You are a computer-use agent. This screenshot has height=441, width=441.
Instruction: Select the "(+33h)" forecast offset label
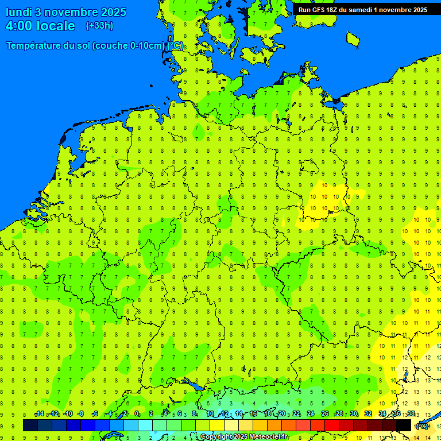point(99,26)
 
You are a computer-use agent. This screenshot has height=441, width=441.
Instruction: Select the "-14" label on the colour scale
point(39,414)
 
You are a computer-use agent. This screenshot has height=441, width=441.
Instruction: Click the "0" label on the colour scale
point(137,414)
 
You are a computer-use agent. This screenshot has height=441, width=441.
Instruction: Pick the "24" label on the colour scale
point(310,414)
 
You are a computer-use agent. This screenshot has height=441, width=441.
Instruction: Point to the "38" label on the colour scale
point(411,414)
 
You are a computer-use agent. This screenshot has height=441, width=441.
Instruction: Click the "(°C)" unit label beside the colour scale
point(422,426)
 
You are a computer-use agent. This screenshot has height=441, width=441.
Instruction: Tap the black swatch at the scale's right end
point(404,425)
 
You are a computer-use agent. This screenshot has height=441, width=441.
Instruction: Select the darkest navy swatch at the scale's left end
point(30,425)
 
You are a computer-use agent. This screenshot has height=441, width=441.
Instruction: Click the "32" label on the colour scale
point(368,414)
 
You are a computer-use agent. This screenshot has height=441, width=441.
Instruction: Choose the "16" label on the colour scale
point(253,414)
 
